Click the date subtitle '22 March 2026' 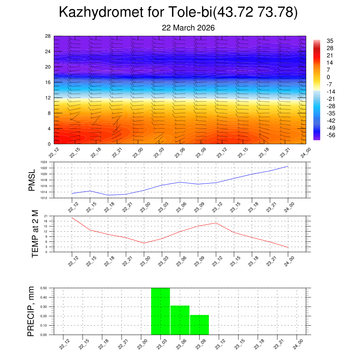pyautogui.click(x=188, y=28)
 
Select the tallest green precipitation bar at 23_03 pyautogui.click(x=161, y=311)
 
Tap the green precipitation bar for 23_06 pyautogui.click(x=180, y=320)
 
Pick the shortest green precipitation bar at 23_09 pyautogui.click(x=199, y=325)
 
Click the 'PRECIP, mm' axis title pyautogui.click(x=31, y=311)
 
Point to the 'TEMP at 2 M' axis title pyautogui.click(x=35, y=233)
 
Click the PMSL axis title pyautogui.click(x=32, y=181)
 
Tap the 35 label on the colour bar pyautogui.click(x=330, y=41)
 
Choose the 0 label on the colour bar pyautogui.click(x=328, y=77)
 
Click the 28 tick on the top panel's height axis pyautogui.click(x=48, y=36)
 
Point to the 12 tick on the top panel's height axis pyautogui.click(x=48, y=98)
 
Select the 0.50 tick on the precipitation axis pyautogui.click(x=44, y=288)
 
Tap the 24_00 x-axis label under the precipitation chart pyautogui.click(x=297, y=344)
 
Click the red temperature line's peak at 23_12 pyautogui.click(x=216, y=223)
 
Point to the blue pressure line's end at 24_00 pyautogui.click(x=288, y=166)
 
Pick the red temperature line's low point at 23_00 pyautogui.click(x=144, y=243)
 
